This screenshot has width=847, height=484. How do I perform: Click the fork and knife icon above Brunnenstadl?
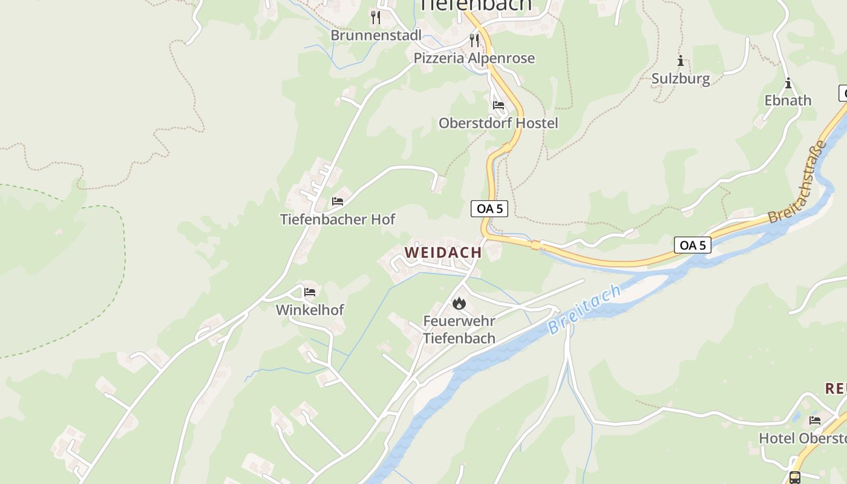[x=376, y=17]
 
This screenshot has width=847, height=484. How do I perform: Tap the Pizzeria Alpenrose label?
[x=474, y=58]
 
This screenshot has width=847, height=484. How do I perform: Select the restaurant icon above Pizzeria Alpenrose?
[x=474, y=41]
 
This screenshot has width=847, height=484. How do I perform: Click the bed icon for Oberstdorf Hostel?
[x=499, y=105]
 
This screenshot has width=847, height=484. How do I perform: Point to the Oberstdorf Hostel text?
[x=498, y=123]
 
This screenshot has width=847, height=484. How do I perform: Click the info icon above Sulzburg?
[x=681, y=60]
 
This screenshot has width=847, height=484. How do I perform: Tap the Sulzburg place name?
[x=681, y=79]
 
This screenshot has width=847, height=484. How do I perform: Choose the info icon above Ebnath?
[x=788, y=83]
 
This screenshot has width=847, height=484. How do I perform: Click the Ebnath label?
[x=788, y=100]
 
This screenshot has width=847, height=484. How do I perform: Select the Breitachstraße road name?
[x=797, y=181]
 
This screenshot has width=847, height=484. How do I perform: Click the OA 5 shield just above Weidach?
[x=489, y=209]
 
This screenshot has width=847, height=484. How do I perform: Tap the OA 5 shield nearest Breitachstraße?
[x=693, y=245]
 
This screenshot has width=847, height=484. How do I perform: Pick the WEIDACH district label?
[x=443, y=252]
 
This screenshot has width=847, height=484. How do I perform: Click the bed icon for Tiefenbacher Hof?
[x=338, y=201]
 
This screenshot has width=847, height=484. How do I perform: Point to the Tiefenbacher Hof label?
[x=338, y=219]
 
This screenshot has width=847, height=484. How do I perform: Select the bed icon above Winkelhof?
[x=310, y=292]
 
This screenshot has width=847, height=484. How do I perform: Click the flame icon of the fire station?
[x=459, y=303]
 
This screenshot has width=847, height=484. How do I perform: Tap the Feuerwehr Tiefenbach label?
[x=459, y=330]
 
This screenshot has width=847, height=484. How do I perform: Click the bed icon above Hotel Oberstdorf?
[x=815, y=420]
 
